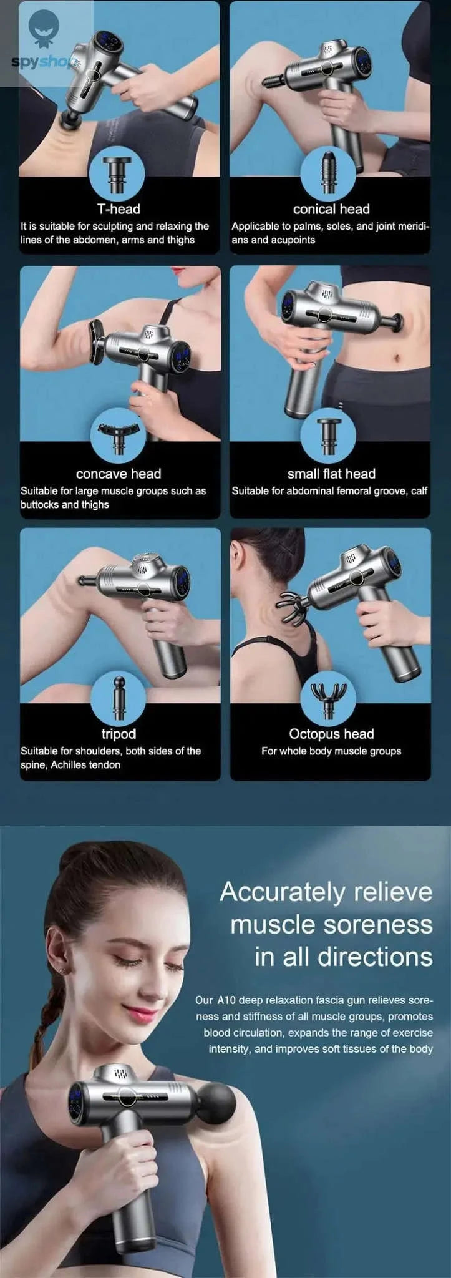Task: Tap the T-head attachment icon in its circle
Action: [x=117, y=174]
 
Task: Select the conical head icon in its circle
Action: [x=329, y=173]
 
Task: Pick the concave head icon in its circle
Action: [x=118, y=435]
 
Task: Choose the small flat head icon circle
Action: [x=328, y=436]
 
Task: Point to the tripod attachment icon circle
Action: [x=118, y=698]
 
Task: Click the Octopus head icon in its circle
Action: [x=329, y=698]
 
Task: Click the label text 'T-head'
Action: [x=118, y=209]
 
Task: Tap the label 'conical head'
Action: [x=331, y=209]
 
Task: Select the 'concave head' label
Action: [x=119, y=474]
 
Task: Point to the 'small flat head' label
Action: [x=331, y=474]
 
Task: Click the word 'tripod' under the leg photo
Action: [x=119, y=734]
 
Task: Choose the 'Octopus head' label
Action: [x=331, y=734]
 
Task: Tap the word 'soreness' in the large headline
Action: [x=382, y=924]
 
